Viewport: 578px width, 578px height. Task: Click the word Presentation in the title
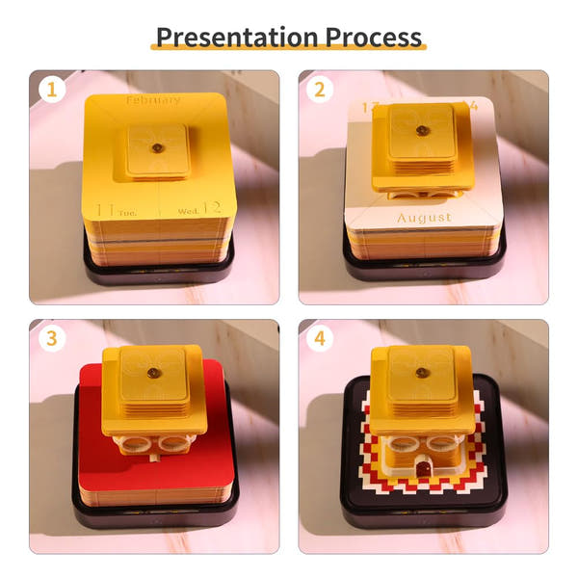pos(224,37)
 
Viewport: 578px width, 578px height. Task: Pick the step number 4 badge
pos(319,339)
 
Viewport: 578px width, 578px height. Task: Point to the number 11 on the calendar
pos(108,209)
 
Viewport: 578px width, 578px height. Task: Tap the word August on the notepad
pos(424,218)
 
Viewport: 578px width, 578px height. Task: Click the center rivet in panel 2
pos(421,130)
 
